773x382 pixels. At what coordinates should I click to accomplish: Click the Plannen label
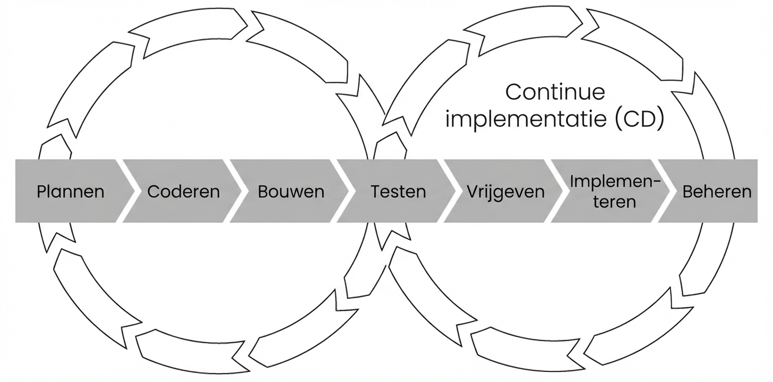[70, 192]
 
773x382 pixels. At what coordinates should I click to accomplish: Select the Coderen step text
[183, 192]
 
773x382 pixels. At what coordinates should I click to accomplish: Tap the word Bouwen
[291, 192]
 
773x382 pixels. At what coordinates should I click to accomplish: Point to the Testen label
[398, 192]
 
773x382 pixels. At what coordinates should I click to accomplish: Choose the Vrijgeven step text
[506, 192]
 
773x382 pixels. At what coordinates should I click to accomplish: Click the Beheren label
[717, 192]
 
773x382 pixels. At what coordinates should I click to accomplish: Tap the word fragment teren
[614, 202]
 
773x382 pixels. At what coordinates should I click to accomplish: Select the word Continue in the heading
[555, 92]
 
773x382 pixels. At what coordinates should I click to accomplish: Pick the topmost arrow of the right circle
[531, 29]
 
